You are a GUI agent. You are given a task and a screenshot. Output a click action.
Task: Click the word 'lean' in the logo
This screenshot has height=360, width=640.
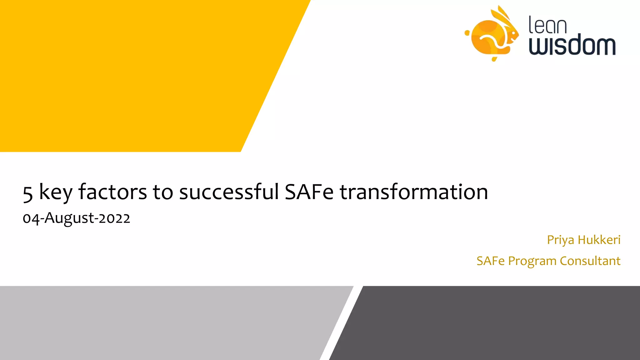tap(547, 25)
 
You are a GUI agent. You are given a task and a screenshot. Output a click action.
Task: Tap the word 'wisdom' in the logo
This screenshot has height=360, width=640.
tap(572, 45)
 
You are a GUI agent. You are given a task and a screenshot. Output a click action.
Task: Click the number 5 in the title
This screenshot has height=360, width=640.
tap(28, 193)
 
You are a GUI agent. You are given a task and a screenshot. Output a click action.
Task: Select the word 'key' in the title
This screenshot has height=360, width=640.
tap(56, 192)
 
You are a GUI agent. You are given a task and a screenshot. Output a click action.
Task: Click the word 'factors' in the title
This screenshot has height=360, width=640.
tap(112, 192)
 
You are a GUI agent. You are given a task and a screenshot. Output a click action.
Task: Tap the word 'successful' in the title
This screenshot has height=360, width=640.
tap(229, 192)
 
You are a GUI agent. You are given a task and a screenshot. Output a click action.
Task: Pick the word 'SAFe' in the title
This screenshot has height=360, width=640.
tap(309, 192)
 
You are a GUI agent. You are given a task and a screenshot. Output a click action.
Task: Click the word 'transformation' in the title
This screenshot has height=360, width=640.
tap(414, 192)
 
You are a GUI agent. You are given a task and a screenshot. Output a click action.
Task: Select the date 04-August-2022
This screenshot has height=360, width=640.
tap(76, 218)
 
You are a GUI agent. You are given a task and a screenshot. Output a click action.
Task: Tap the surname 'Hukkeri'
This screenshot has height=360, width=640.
tap(599, 240)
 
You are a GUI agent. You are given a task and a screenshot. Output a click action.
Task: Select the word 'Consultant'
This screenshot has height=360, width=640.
tap(590, 261)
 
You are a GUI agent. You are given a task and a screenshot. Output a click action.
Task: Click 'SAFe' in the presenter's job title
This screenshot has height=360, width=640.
tap(490, 261)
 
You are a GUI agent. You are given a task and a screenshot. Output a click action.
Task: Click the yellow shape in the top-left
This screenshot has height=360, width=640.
tap(125, 75)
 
